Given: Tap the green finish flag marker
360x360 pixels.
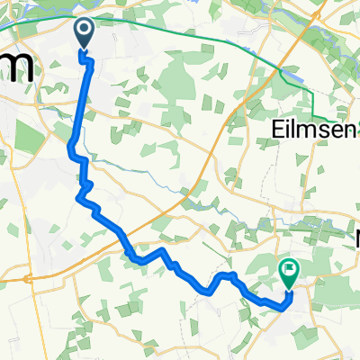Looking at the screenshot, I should pyautogui.click(x=289, y=269).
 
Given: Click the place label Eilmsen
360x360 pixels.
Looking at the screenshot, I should pyautogui.click(x=309, y=130).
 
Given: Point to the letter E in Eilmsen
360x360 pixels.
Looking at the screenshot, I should pyautogui.click(x=276, y=130).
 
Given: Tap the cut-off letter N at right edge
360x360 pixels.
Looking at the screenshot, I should pyautogui.click(x=355, y=239).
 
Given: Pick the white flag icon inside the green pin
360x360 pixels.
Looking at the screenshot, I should pyautogui.click(x=289, y=267).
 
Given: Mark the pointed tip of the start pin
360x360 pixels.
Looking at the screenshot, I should pyautogui.click(x=84, y=49).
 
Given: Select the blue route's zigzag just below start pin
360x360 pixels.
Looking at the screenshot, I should pyautogui.click(x=88, y=61).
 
